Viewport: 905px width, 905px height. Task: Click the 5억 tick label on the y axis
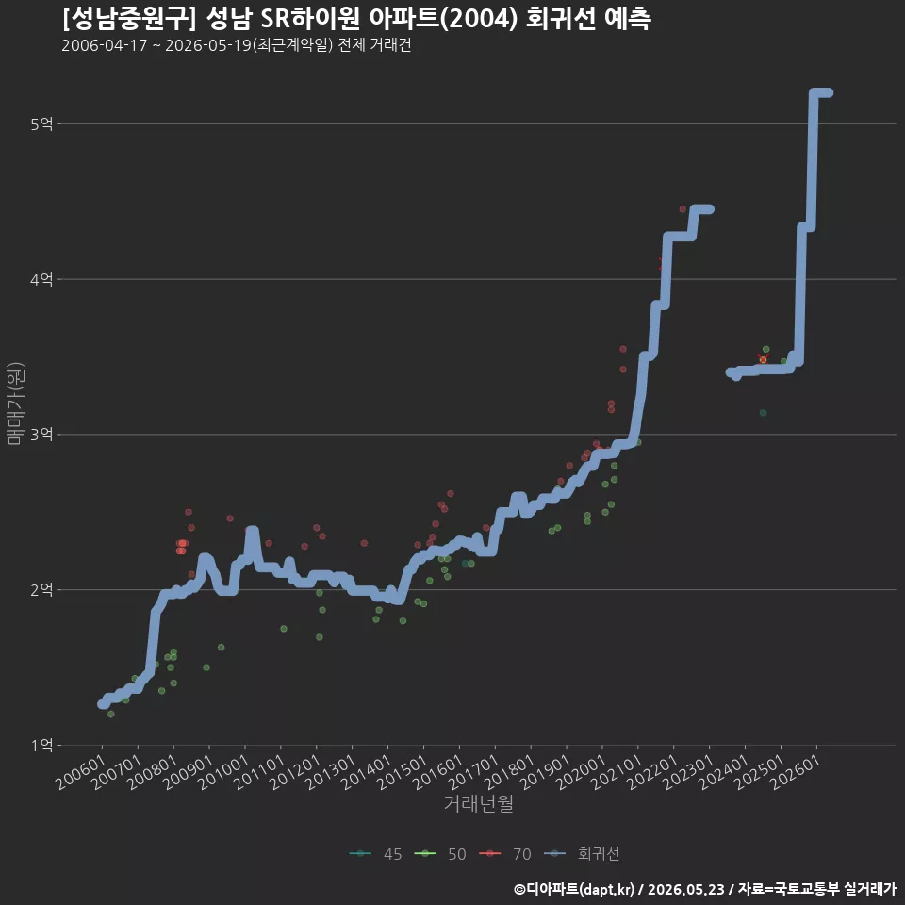click(x=41, y=124)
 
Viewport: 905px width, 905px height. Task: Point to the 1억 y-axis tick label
click(x=41, y=745)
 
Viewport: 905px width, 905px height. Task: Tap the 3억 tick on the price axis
click(x=41, y=435)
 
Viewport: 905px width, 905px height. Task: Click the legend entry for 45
click(x=376, y=854)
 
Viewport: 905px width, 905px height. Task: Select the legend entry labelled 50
click(x=440, y=854)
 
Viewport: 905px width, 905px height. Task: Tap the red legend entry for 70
click(x=505, y=854)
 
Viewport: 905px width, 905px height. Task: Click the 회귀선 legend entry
click(x=582, y=854)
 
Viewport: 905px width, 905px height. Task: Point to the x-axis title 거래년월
click(x=479, y=803)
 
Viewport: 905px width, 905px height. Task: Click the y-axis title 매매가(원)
click(x=16, y=403)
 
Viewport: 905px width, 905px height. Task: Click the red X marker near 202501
click(x=763, y=359)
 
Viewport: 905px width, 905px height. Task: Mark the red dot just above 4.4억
click(x=683, y=209)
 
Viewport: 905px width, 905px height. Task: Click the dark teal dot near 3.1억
click(x=763, y=413)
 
